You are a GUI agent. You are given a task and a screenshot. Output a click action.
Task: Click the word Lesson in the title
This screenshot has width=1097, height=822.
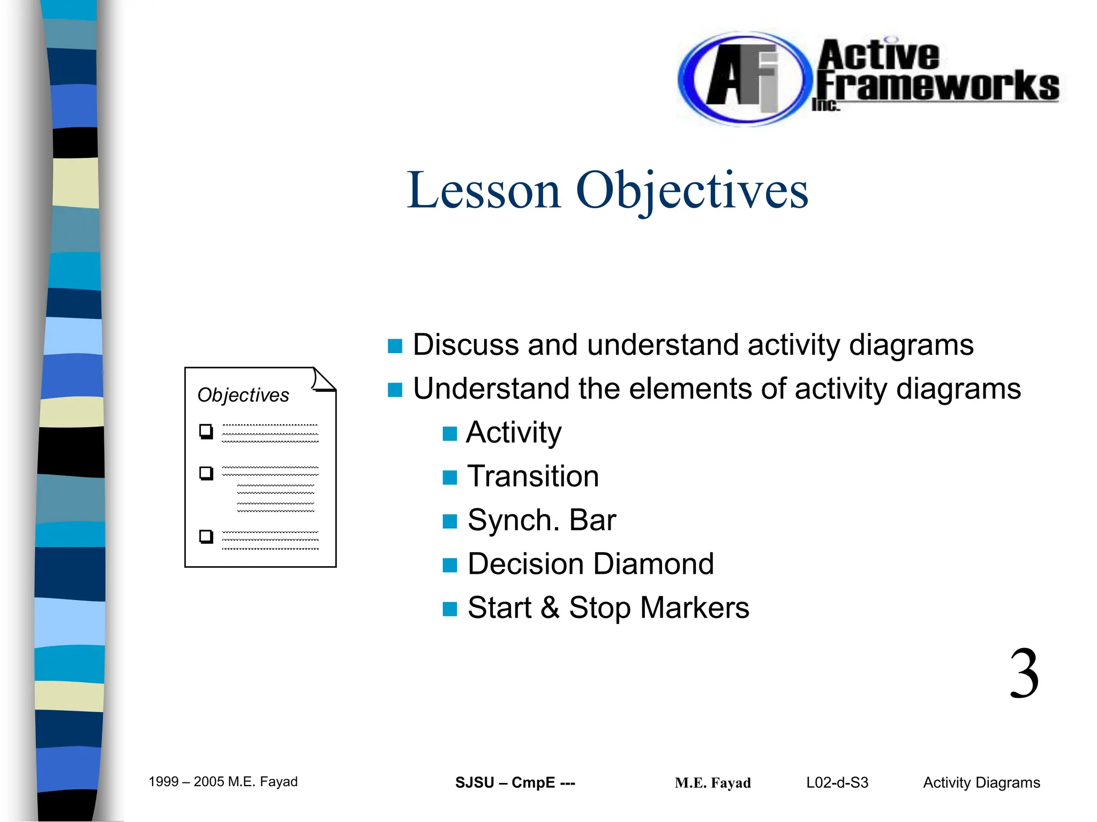(483, 191)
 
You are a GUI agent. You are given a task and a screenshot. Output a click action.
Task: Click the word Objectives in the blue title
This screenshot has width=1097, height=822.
(692, 191)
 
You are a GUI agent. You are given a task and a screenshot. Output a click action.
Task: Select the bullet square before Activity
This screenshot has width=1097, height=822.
(449, 433)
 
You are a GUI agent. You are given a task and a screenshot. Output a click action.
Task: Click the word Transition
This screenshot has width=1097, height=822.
(532, 476)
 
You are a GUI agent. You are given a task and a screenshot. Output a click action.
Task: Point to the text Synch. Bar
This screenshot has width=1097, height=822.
(541, 520)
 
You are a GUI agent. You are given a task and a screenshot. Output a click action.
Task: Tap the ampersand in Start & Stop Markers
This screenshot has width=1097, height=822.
(550, 608)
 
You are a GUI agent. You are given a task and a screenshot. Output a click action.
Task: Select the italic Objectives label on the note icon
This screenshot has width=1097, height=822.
(243, 395)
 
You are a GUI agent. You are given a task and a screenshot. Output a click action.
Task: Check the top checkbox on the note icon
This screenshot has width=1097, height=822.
(206, 431)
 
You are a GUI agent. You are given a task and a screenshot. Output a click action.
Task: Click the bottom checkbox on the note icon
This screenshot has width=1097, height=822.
(206, 536)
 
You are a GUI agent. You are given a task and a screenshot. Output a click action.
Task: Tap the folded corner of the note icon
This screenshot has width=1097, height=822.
(324, 380)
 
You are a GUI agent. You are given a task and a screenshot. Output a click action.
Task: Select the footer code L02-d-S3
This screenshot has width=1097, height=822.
(837, 782)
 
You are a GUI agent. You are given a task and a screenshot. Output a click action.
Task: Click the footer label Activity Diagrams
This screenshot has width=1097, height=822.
(981, 782)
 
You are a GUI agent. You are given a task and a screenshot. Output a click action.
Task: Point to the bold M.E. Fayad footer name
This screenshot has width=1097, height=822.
(712, 783)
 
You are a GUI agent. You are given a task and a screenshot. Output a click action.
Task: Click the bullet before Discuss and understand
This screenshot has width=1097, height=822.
(395, 346)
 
